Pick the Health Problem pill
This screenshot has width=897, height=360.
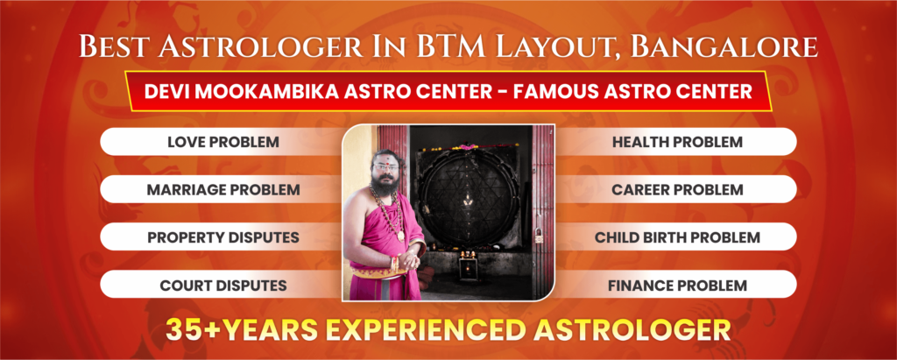(x=677, y=141)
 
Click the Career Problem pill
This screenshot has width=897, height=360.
(x=677, y=189)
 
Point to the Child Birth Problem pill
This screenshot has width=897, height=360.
(x=677, y=237)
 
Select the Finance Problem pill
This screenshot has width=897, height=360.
(x=677, y=285)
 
